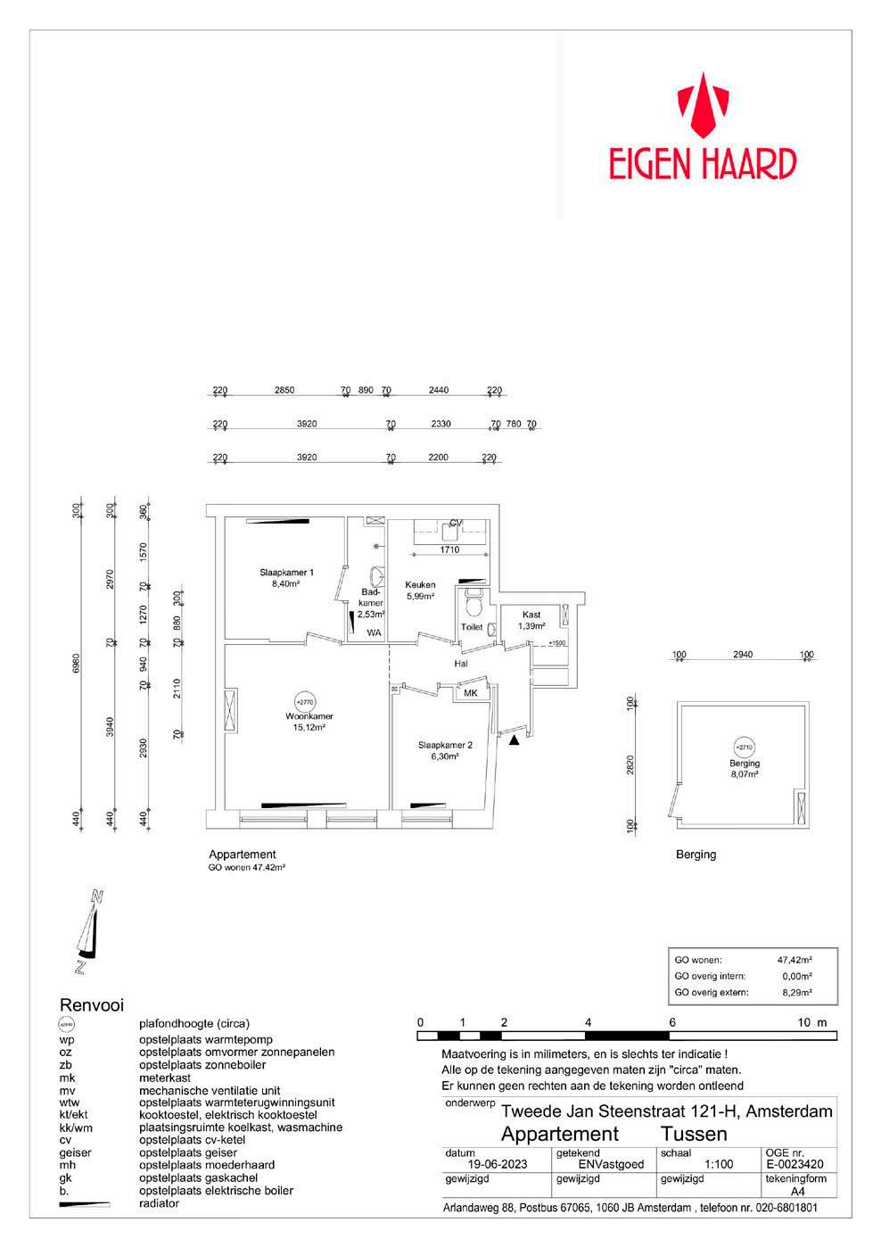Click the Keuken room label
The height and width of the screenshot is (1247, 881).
(x=420, y=585)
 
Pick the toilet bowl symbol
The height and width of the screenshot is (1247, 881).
(x=474, y=607)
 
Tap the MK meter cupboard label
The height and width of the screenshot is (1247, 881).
(x=471, y=692)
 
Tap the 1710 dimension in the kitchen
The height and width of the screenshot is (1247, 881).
(x=451, y=550)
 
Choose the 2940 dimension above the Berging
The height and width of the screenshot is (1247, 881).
(x=742, y=655)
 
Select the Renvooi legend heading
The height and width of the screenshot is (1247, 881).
(x=91, y=1005)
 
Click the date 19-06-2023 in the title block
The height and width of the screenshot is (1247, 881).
(x=498, y=1163)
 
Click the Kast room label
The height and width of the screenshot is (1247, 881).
(x=531, y=615)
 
